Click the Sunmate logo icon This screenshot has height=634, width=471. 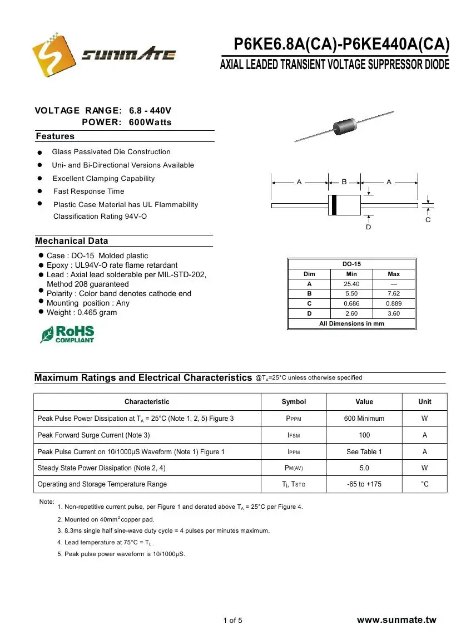pos(54,53)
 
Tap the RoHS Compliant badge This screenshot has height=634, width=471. pos(67,335)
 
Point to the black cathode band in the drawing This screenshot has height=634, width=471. pos(334,205)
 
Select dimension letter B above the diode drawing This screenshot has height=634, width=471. pos(344,181)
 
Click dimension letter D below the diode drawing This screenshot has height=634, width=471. pos(368,227)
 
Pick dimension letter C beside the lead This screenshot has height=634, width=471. pos(428,220)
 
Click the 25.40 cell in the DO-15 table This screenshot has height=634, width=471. pos(351,284)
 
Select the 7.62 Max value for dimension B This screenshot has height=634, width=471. pos(394,294)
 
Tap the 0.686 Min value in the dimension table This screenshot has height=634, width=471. pos(351,304)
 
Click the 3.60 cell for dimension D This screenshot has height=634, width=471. pos(394,314)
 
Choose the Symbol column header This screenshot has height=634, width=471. pos(294,402)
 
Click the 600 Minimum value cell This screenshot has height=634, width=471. pos(364,419)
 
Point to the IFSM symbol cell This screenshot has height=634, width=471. pos(294,435)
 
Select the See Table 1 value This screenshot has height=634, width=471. pos(364,452)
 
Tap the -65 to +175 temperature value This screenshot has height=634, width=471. pos(364,484)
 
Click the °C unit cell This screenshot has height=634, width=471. pos(425,484)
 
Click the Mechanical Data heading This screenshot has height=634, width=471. pos(72,241)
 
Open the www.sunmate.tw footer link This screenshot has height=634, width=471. pos(396,621)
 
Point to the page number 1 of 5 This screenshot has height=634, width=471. pos(233,621)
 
